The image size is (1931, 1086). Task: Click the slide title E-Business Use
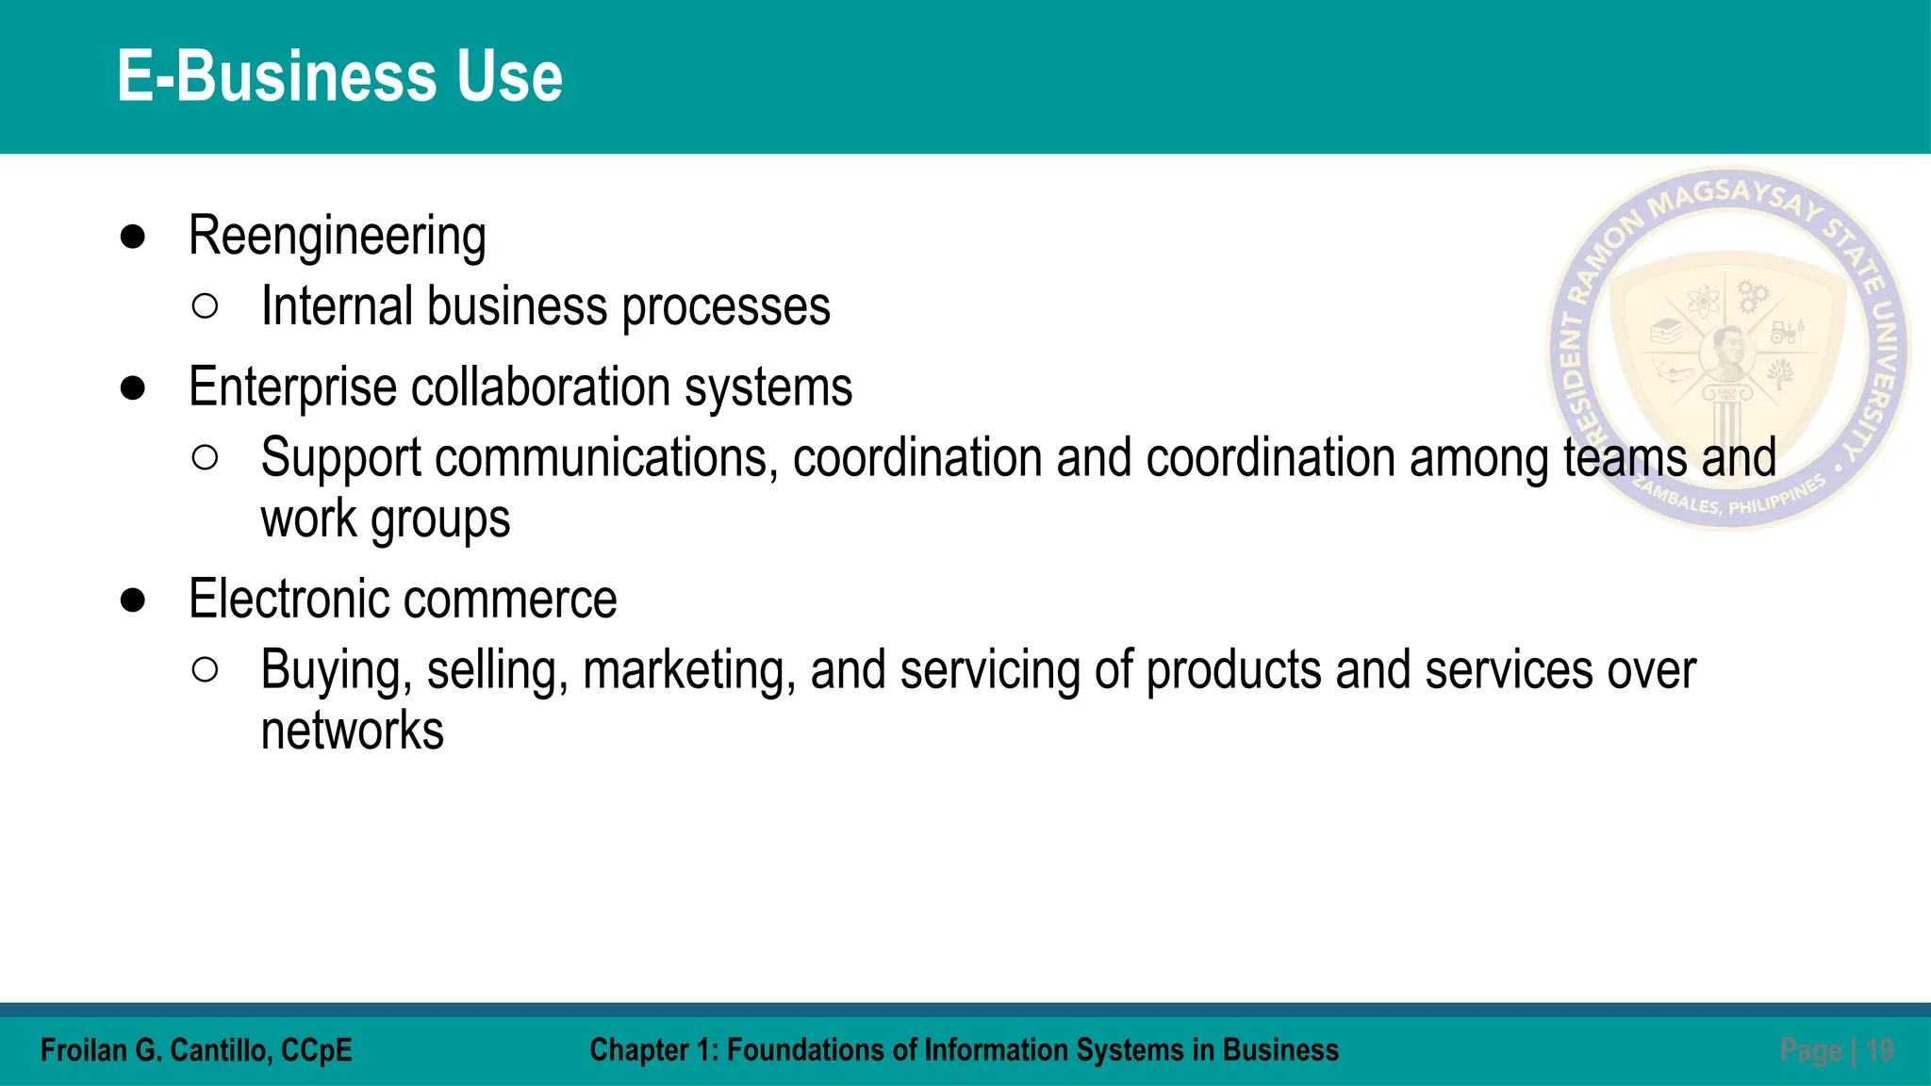point(339,76)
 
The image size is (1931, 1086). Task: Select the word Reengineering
point(337,236)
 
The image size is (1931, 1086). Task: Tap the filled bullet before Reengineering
point(133,237)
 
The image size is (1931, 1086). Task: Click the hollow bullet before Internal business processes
point(205,306)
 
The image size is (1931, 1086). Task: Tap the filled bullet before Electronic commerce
point(133,600)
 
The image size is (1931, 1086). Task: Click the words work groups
point(385,519)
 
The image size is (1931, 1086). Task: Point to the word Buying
point(336,670)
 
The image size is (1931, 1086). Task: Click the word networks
point(352,732)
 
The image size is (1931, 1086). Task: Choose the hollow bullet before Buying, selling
point(205,669)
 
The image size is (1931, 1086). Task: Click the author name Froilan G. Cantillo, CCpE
point(196,1050)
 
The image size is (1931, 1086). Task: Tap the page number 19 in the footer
point(1879,1050)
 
